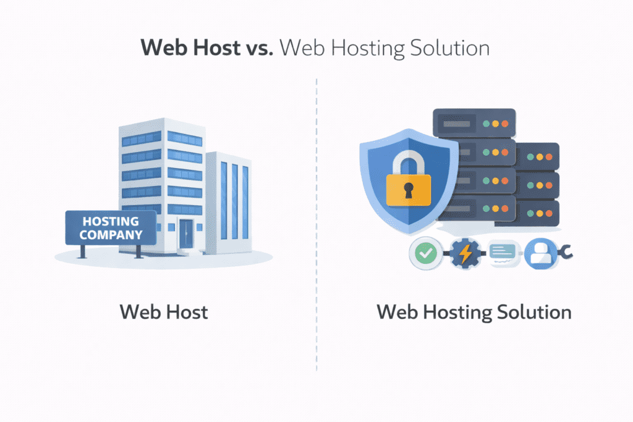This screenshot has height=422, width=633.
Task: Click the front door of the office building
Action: click(x=186, y=234)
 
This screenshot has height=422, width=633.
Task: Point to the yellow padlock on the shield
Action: click(x=408, y=188)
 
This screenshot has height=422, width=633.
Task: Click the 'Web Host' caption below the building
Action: click(x=164, y=311)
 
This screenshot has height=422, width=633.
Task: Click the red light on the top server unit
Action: click(x=505, y=124)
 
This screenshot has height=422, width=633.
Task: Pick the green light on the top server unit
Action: click(x=486, y=124)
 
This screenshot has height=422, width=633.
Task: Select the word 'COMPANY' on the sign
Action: click(x=111, y=235)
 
